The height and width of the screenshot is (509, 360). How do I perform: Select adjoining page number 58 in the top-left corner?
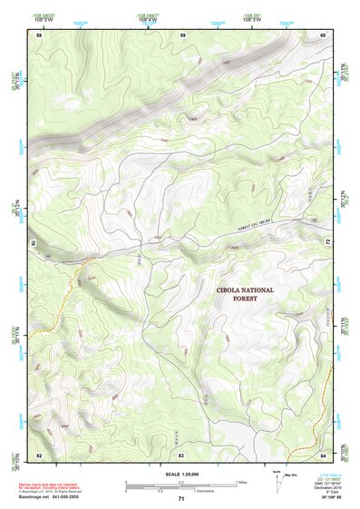pyautogui.click(x=39, y=34)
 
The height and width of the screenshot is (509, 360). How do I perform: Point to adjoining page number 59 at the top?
pyautogui.click(x=182, y=34)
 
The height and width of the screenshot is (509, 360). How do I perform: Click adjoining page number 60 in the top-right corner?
pyautogui.click(x=323, y=34)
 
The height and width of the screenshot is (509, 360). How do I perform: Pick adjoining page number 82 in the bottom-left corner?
pyautogui.click(x=39, y=453)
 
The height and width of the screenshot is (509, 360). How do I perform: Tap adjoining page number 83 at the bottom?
pyautogui.click(x=181, y=453)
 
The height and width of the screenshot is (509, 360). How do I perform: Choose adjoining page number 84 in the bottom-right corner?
pyautogui.click(x=323, y=453)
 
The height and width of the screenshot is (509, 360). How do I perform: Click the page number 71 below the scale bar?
pyautogui.click(x=181, y=499)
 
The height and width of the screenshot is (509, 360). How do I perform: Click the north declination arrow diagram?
pyautogui.click(x=277, y=481)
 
